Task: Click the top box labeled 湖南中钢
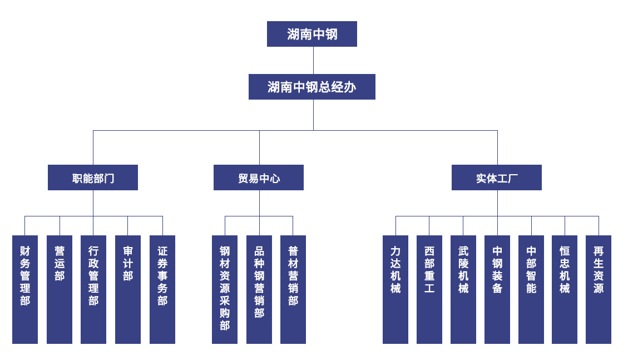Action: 311,34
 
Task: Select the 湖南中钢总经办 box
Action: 311,87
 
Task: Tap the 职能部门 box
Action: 93,177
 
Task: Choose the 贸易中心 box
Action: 259,177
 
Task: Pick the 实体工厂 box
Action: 497,177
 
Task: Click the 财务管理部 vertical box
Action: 25,289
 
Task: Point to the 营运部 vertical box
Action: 60,289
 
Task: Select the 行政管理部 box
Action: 93,289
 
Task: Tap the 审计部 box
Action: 128,289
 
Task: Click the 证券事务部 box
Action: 162,289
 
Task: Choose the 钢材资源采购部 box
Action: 225,289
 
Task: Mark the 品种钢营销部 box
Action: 259,289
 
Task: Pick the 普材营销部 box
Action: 293,289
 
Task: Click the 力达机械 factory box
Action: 395,289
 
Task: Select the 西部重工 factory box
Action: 429,289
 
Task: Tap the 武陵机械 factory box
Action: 463,289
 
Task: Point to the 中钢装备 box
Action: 497,289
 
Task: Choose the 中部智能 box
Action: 531,289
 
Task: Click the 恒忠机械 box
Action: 565,289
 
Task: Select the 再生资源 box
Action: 599,289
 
